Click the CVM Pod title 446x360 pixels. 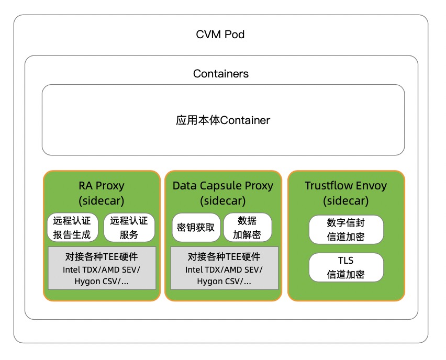point(220,35)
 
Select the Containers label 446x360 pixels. point(221,73)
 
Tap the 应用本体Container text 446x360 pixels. point(223,120)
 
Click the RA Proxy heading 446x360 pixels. point(102,185)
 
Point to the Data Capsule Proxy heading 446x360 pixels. point(223,185)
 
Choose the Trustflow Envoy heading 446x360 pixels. point(346,185)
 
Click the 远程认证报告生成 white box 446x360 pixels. point(72,228)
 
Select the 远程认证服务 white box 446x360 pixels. point(129,228)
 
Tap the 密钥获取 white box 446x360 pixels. point(196,228)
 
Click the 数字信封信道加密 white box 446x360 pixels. point(346,229)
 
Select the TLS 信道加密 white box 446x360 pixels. point(346,267)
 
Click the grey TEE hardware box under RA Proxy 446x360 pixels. point(102,268)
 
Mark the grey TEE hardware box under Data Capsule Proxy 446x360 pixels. point(224,268)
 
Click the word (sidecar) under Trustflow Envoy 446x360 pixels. point(346,200)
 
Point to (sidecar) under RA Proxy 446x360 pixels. point(102,200)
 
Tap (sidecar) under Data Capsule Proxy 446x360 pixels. point(223,200)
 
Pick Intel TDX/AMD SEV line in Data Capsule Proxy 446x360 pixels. point(224,270)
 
